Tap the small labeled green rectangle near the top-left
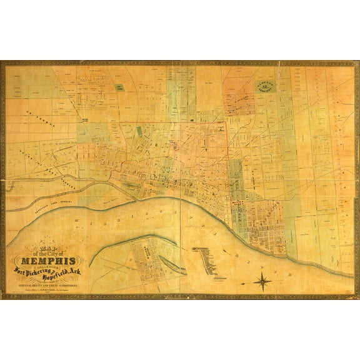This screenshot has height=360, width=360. (119, 87)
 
